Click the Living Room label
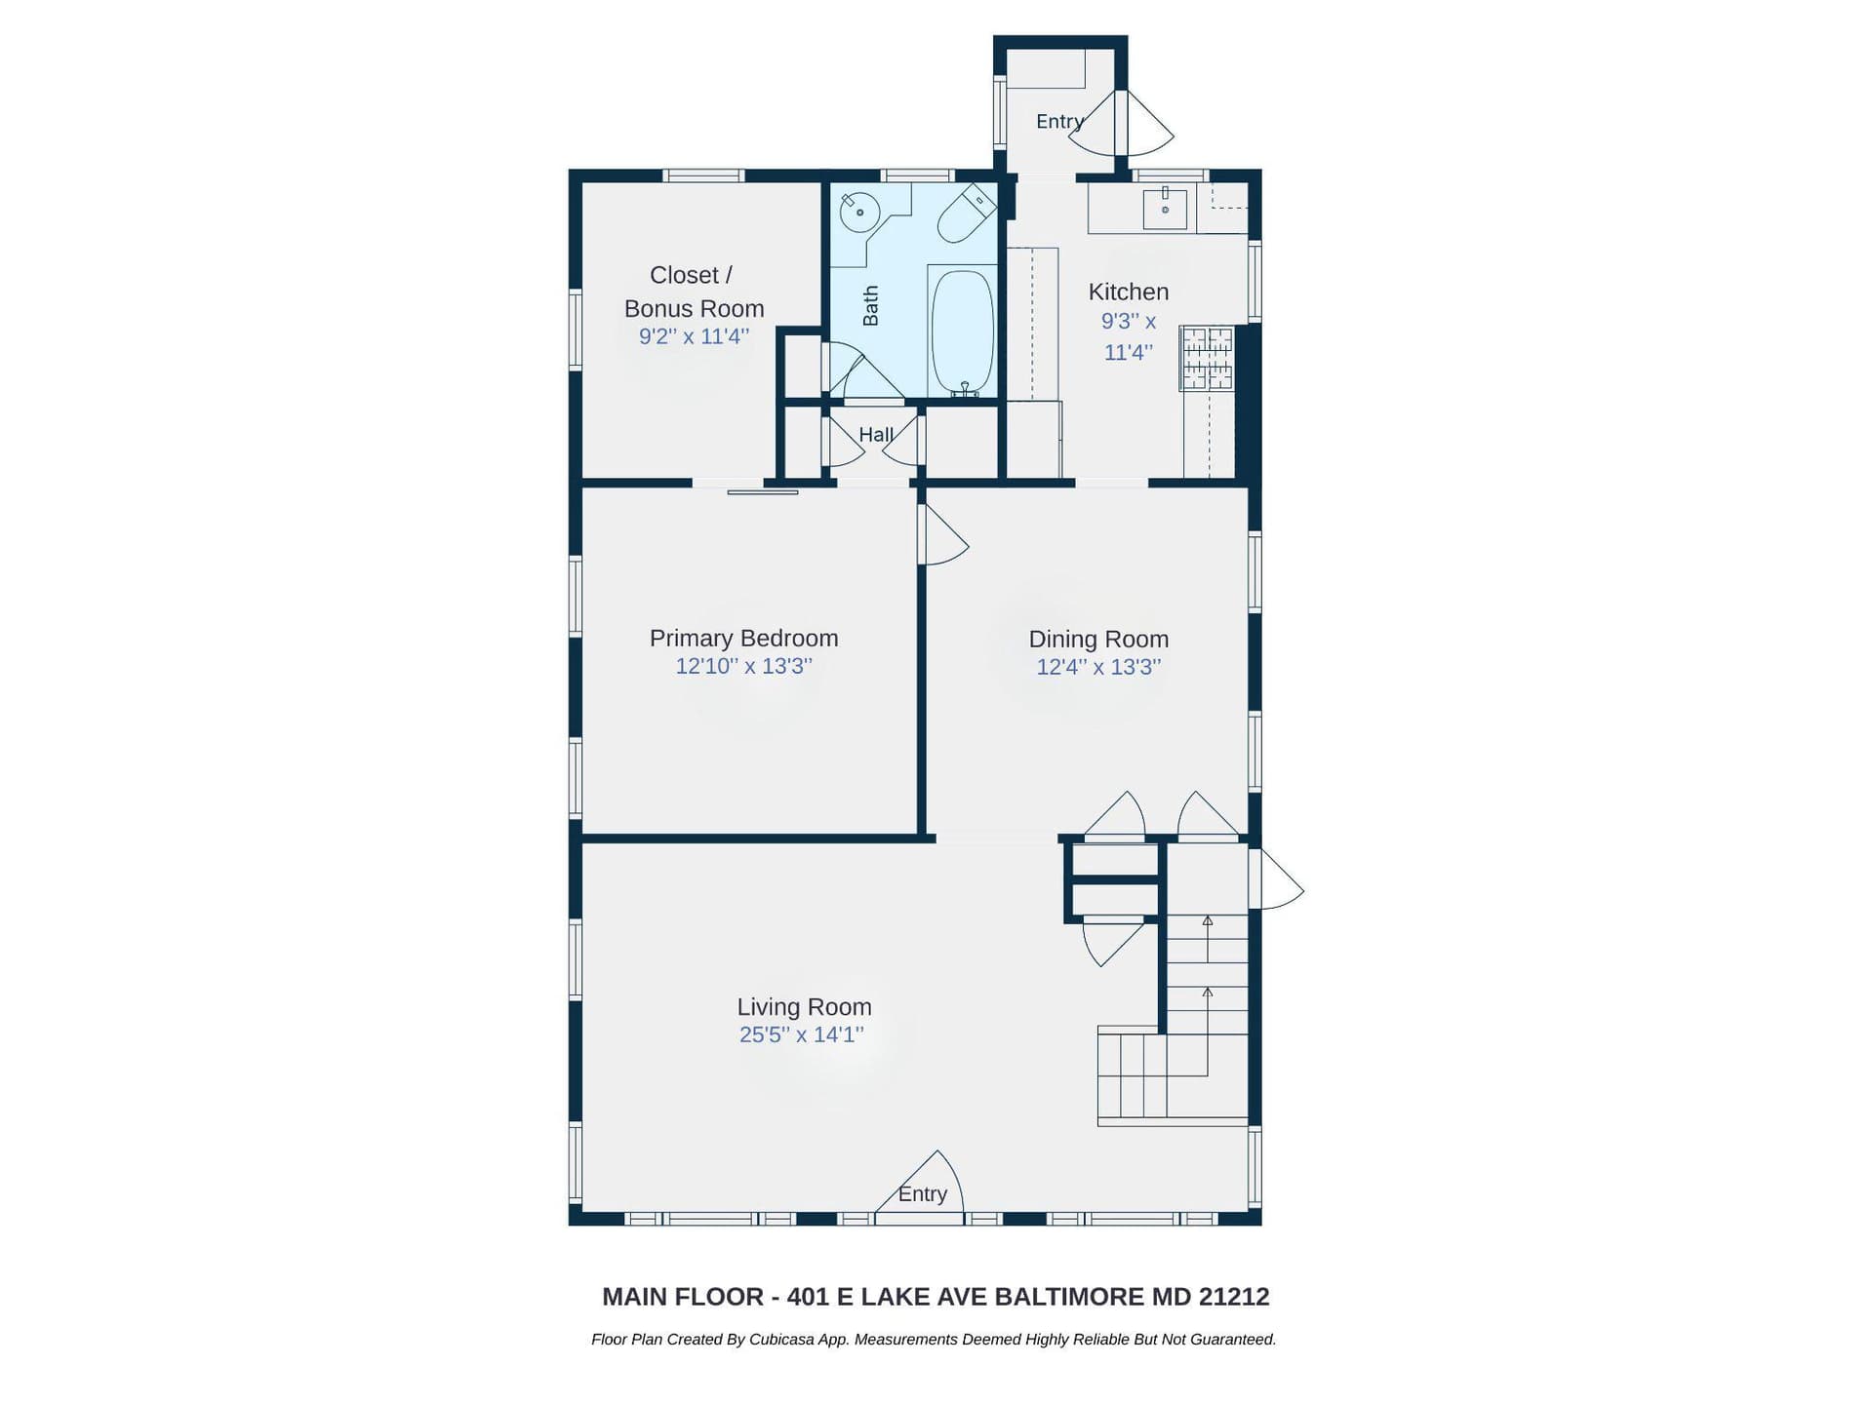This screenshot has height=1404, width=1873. click(x=804, y=1007)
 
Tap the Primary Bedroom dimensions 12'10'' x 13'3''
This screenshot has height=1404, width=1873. click(x=743, y=667)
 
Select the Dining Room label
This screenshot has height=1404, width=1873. click(x=1098, y=640)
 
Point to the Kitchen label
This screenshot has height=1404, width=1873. click(x=1128, y=292)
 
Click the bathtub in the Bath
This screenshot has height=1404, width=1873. click(x=963, y=331)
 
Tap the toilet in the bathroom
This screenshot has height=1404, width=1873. click(x=965, y=214)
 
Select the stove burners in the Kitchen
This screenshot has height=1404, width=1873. click(x=1208, y=358)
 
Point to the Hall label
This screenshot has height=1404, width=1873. click(x=876, y=435)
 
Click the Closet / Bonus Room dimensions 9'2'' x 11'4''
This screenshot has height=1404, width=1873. click(x=694, y=336)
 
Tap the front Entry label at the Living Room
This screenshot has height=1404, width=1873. click(x=922, y=1194)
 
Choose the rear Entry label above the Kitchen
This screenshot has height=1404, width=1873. click(x=1059, y=122)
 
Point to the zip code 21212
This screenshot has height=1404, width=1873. click(x=1234, y=1297)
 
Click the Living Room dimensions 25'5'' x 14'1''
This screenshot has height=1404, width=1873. click(x=801, y=1035)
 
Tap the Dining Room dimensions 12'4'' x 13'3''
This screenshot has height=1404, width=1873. click(x=1098, y=668)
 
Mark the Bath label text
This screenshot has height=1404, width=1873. click(x=870, y=305)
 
